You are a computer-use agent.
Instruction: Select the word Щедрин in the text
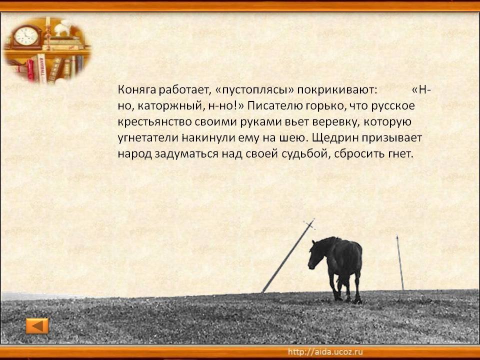pyautogui.click(x=335, y=138)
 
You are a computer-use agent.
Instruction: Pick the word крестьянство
pyautogui.click(x=155, y=122)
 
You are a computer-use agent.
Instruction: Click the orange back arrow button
pyautogui.click(x=37, y=325)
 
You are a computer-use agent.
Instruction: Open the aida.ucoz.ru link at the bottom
pyautogui.click(x=325, y=351)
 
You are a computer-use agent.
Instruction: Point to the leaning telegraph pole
pyautogui.click(x=288, y=256)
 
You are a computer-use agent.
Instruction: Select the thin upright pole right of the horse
pyautogui.click(x=400, y=262)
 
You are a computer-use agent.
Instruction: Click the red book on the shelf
pyautogui.click(x=30, y=70)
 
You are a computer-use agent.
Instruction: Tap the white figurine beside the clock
pyautogui.click(x=63, y=28)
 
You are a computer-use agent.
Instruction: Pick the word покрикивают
pyautogui.click(x=336, y=90)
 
